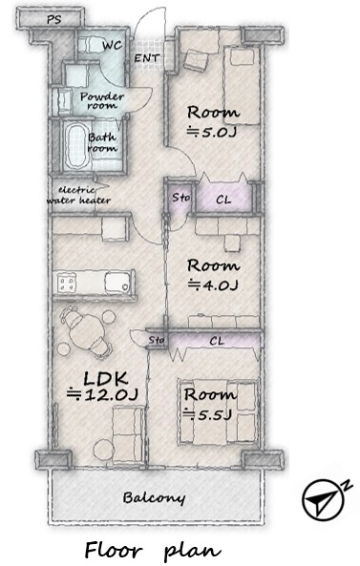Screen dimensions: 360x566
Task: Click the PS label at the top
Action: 54,19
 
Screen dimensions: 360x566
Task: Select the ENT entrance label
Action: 147,58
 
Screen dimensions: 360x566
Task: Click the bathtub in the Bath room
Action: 76,145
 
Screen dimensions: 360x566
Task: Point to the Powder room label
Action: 102,101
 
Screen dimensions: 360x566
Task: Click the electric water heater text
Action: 78,196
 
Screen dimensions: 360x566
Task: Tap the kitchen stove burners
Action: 67,282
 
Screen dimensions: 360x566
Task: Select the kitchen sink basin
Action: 117,282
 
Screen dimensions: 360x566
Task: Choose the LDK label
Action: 106,378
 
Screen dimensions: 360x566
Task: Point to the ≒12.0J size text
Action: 103,394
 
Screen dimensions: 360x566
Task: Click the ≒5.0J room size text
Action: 212,133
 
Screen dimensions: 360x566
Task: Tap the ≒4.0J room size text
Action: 213,285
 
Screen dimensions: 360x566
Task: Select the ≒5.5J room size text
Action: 207,414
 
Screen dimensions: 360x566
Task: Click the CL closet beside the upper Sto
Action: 223,199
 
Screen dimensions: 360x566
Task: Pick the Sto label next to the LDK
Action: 157,340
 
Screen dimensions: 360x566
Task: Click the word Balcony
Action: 154,498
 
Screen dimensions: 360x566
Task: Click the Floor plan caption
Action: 153,551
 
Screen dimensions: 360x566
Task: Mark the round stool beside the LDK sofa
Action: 102,450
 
